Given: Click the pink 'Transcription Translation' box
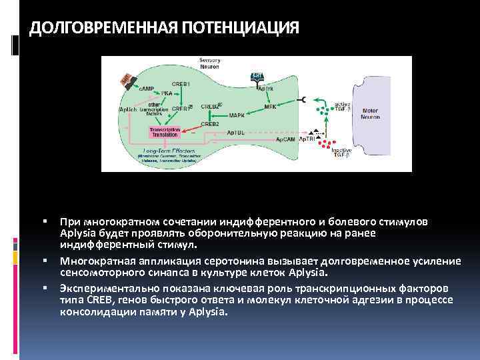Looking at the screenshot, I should tap(164, 131).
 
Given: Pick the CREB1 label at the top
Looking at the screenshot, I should tap(180, 84).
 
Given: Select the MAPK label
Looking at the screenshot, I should tap(237, 115).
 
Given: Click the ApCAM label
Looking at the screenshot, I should tap(285, 139).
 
